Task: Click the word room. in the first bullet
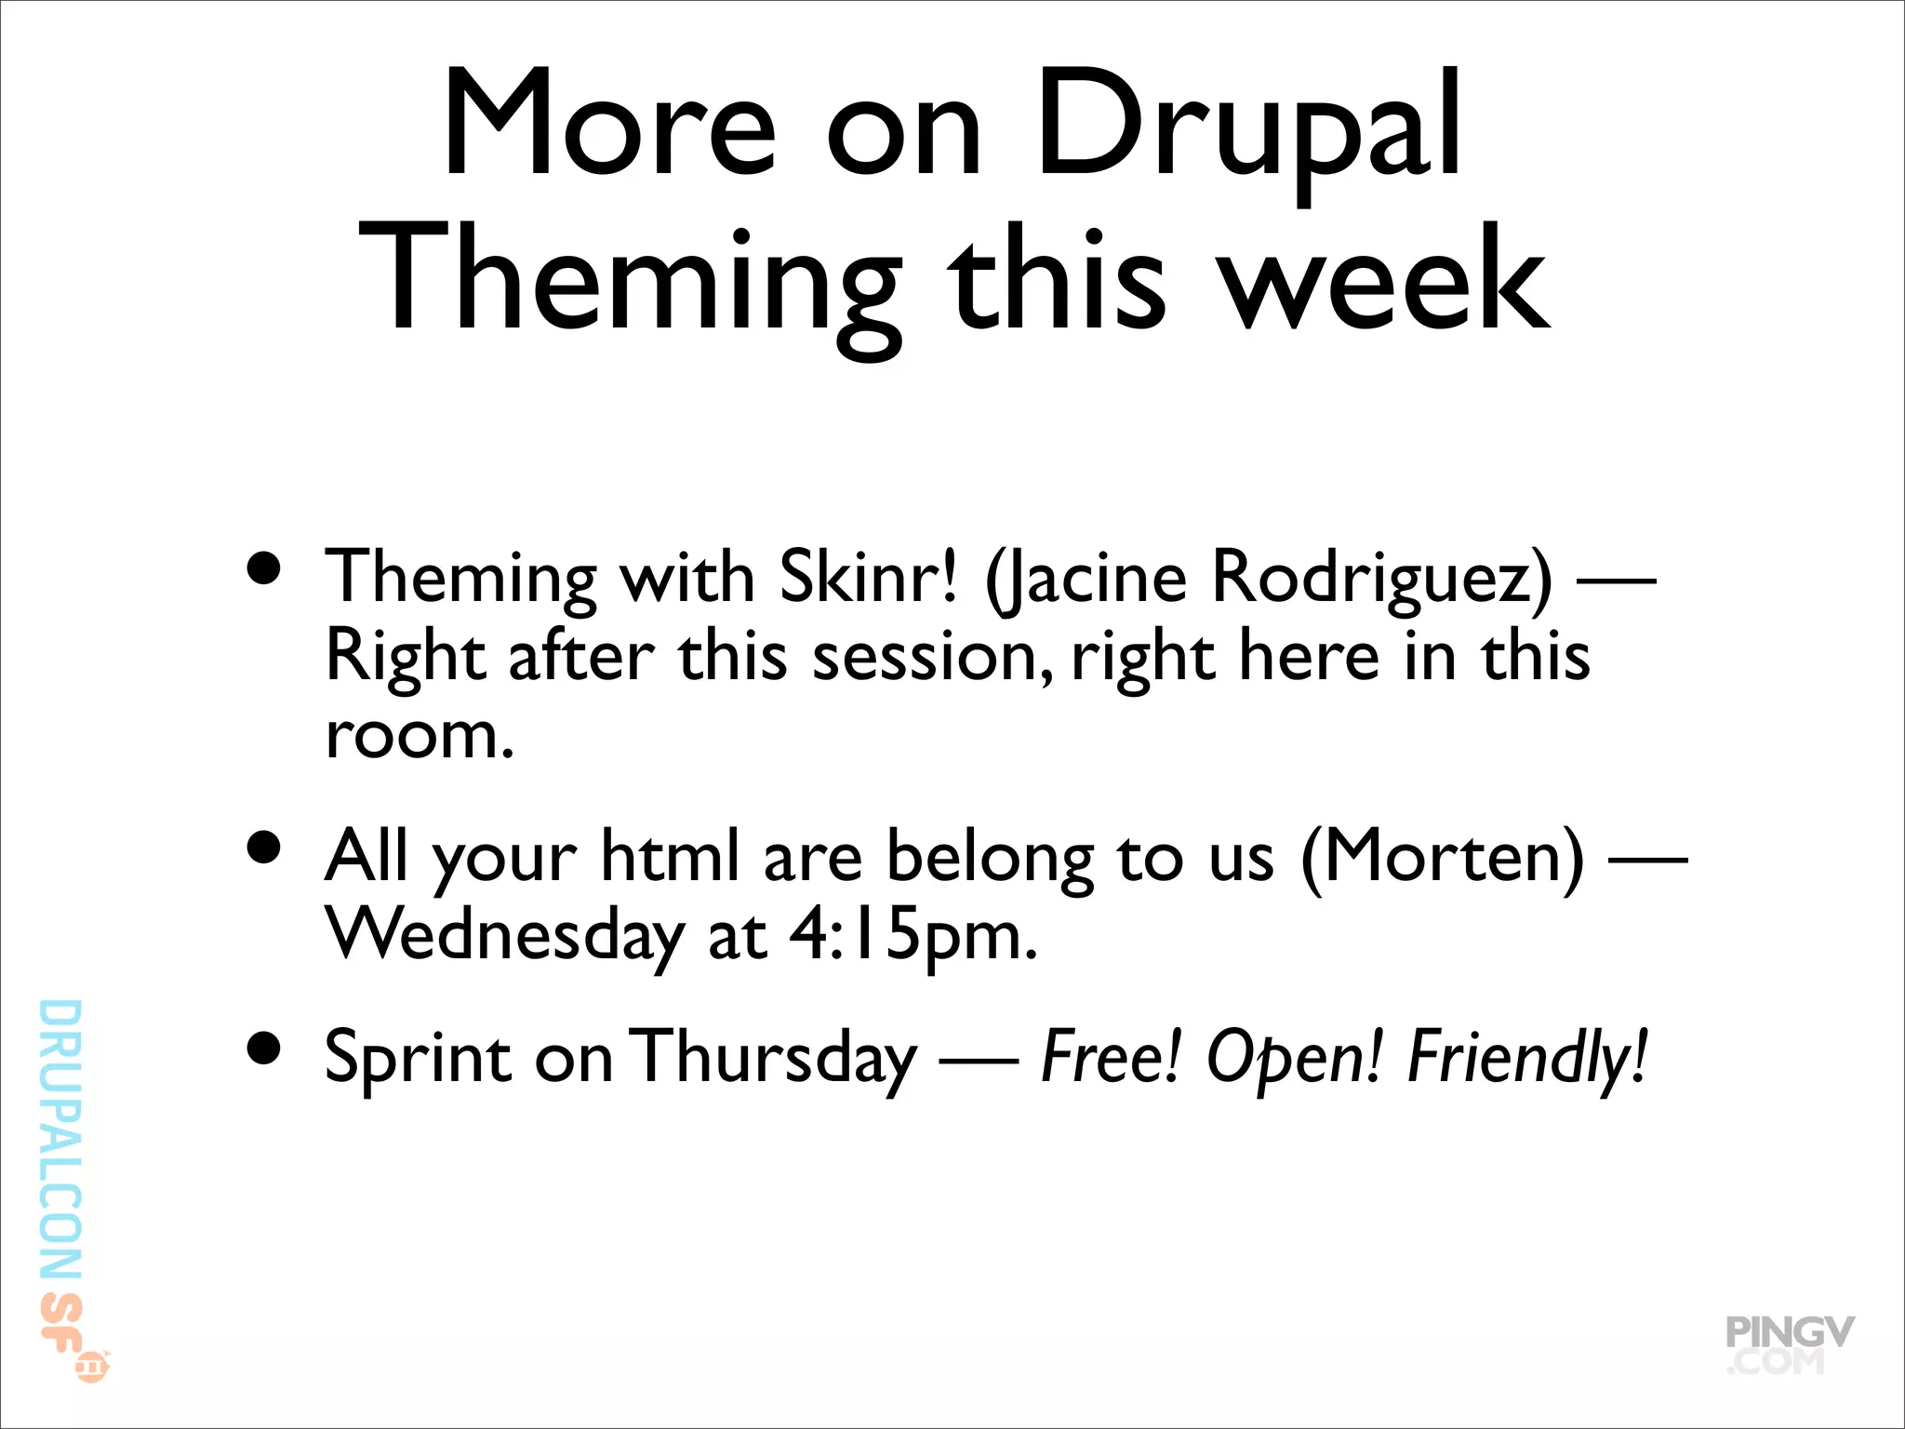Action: point(420,735)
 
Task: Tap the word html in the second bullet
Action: point(670,856)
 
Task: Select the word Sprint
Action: point(419,1059)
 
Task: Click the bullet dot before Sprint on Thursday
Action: point(265,1048)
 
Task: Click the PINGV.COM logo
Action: point(1788,1344)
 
